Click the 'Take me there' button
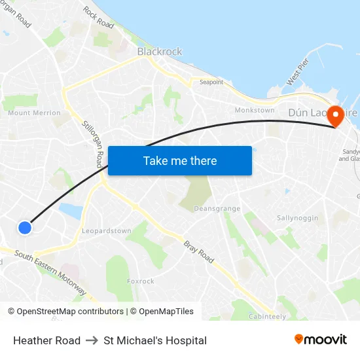point(180,160)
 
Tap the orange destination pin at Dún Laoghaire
point(336,116)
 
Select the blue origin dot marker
point(24,227)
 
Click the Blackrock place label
point(160,52)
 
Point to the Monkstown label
point(255,110)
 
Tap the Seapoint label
point(211,82)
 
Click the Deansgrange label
point(217,209)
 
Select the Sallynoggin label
point(297,218)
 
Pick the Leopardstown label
point(107,231)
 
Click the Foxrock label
point(141,281)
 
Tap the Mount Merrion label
point(34,113)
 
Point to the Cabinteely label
point(267,316)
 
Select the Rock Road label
point(98,18)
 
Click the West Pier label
point(297,73)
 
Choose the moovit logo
point(320,340)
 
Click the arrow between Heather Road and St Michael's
point(92,340)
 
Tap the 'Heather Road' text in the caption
point(46,340)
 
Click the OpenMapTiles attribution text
point(162,312)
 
